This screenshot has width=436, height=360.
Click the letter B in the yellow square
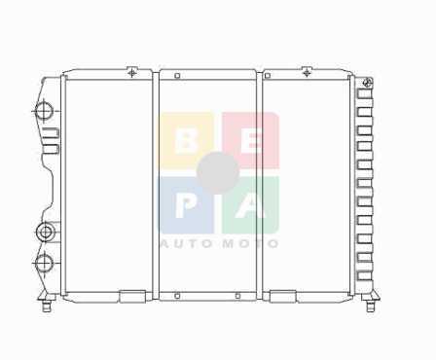pyautogui.click(x=186, y=142)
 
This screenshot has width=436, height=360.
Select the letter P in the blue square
pyautogui.click(x=185, y=206)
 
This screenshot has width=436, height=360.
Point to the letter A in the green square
pyautogui.click(x=251, y=206)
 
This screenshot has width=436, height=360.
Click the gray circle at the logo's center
pyautogui.click(x=218, y=172)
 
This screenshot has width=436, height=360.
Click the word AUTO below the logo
pyautogui.click(x=184, y=243)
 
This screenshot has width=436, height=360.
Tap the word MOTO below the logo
pyautogui.click(x=251, y=243)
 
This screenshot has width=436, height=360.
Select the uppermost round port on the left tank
pyautogui.click(x=44, y=111)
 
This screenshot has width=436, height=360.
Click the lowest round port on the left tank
pyautogui.click(x=44, y=263)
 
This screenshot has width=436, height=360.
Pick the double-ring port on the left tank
pyautogui.click(x=45, y=232)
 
